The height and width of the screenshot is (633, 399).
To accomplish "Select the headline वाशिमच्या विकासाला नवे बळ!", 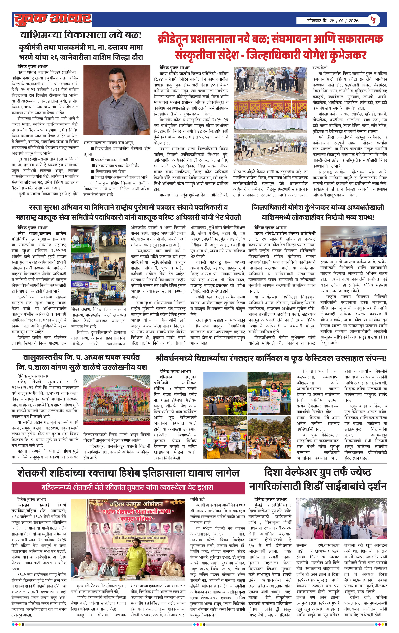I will click(x=81, y=35).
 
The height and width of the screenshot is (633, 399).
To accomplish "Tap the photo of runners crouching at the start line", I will click(x=270, y=149).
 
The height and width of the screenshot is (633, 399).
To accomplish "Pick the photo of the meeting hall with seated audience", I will click(x=353, y=241).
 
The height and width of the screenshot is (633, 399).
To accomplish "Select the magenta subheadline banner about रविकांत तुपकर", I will click(x=128, y=487).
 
